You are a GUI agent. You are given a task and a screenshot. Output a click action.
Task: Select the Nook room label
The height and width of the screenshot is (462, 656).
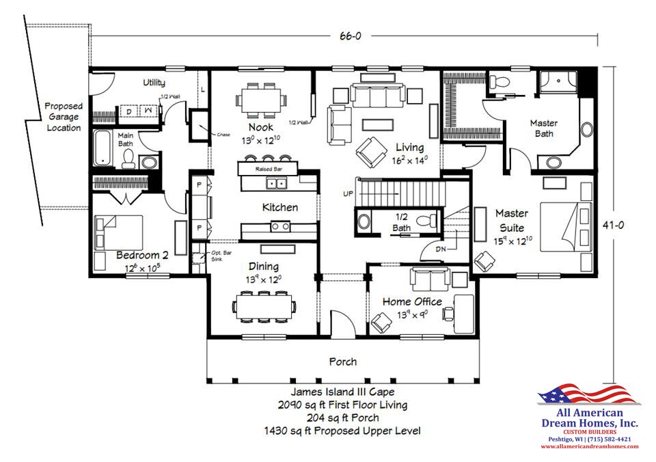click(261, 127)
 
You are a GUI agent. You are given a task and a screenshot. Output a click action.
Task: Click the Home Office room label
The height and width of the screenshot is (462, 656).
click(411, 301)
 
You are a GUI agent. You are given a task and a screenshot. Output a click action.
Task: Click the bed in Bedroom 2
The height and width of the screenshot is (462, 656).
click(120, 232)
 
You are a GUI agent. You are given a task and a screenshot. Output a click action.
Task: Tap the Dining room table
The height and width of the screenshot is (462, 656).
click(264, 303)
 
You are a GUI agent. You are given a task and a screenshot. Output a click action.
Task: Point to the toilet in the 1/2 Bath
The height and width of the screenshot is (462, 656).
click(426, 221)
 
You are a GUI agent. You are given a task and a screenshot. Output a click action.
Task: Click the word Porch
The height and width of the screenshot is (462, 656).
click(342, 362)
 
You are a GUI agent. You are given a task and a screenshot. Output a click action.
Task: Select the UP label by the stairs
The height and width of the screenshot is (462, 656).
click(348, 194)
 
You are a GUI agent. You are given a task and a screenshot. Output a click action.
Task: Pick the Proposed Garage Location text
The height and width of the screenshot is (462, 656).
click(64, 117)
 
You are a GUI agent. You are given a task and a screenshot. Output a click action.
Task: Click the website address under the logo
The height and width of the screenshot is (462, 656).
click(589, 446)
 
